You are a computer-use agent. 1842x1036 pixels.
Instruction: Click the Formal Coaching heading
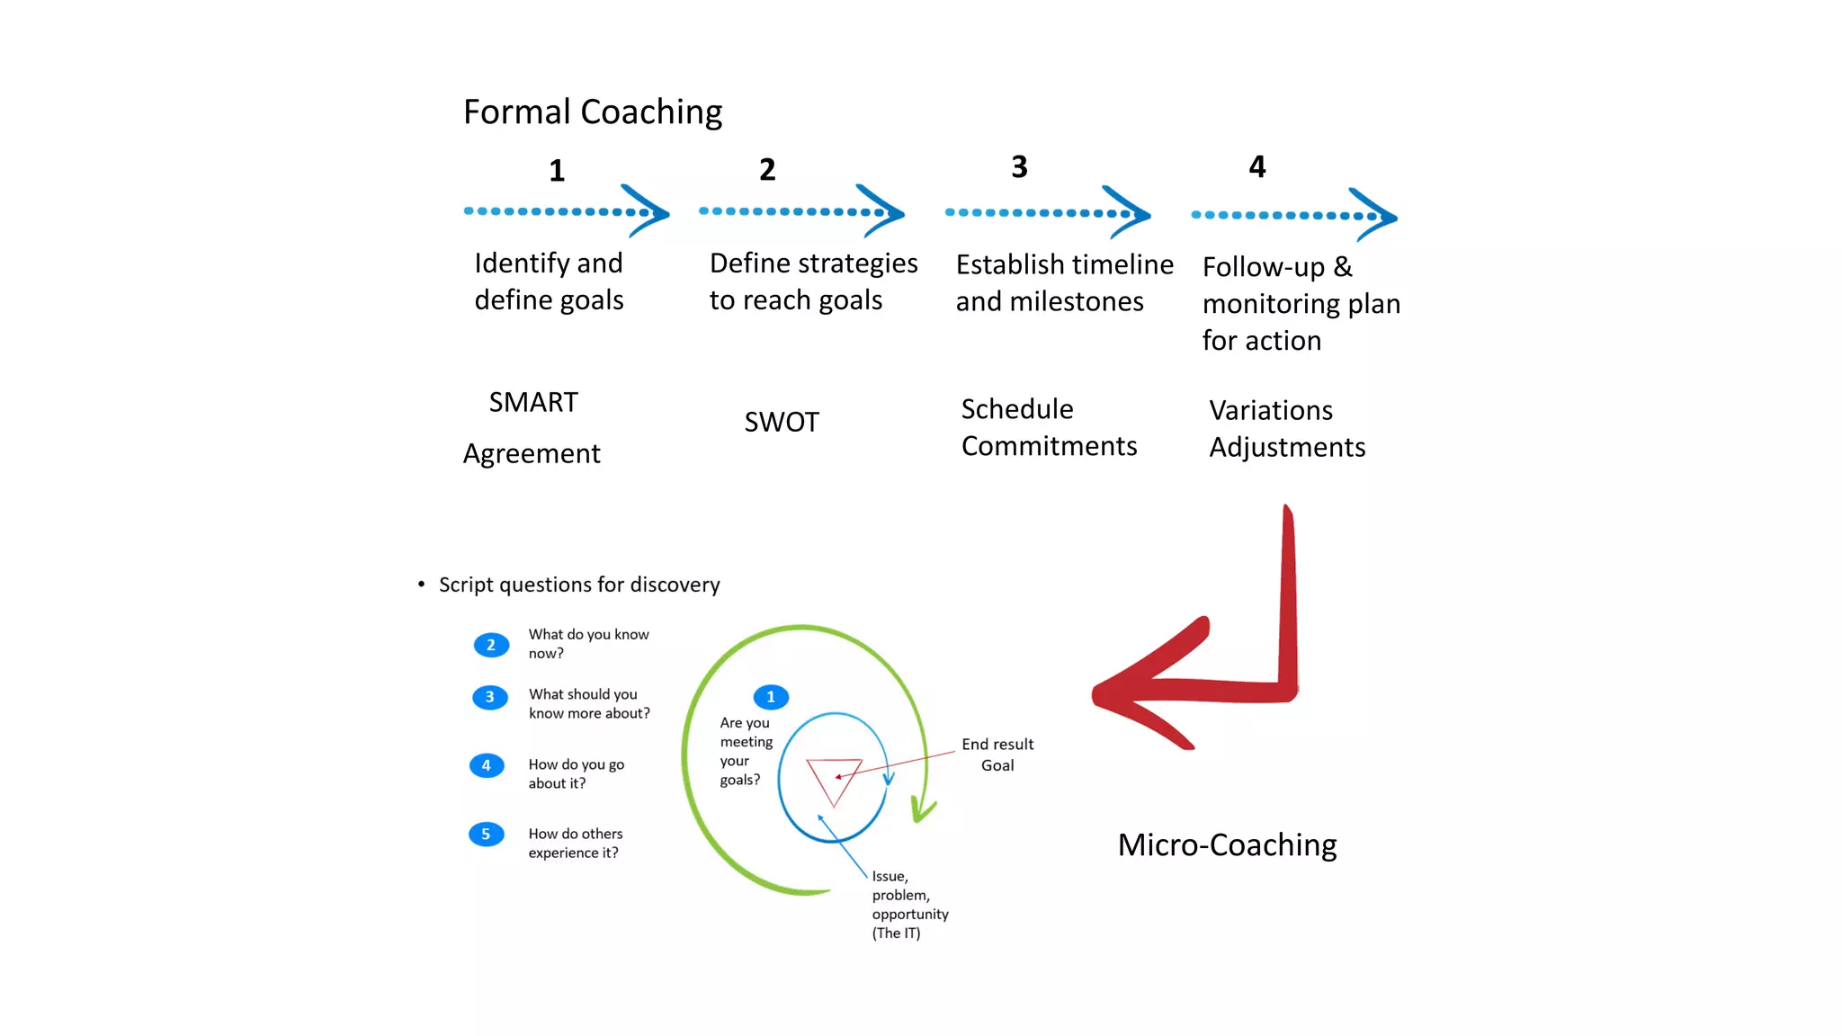(593, 112)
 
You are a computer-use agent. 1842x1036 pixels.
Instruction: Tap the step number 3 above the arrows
(1019, 167)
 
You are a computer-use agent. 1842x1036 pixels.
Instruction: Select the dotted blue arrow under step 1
(567, 212)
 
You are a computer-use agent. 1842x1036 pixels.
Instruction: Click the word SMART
(533, 402)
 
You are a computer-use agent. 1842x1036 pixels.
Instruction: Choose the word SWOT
(782, 422)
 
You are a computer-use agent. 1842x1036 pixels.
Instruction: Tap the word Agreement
(532, 453)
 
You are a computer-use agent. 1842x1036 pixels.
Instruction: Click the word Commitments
(1049, 446)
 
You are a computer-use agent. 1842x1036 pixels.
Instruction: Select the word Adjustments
(1287, 447)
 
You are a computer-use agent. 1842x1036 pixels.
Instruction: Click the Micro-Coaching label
(1227, 845)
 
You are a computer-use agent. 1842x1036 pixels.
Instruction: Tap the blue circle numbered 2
(490, 645)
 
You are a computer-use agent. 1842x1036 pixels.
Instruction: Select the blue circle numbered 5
(486, 835)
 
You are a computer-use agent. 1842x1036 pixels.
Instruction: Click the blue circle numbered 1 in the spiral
(771, 697)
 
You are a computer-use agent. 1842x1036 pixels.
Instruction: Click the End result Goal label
(997, 755)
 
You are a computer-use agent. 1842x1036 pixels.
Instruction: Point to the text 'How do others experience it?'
(575, 844)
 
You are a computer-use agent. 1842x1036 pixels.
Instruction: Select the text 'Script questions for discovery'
(579, 585)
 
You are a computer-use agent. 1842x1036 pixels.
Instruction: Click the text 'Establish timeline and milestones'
(1064, 283)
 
